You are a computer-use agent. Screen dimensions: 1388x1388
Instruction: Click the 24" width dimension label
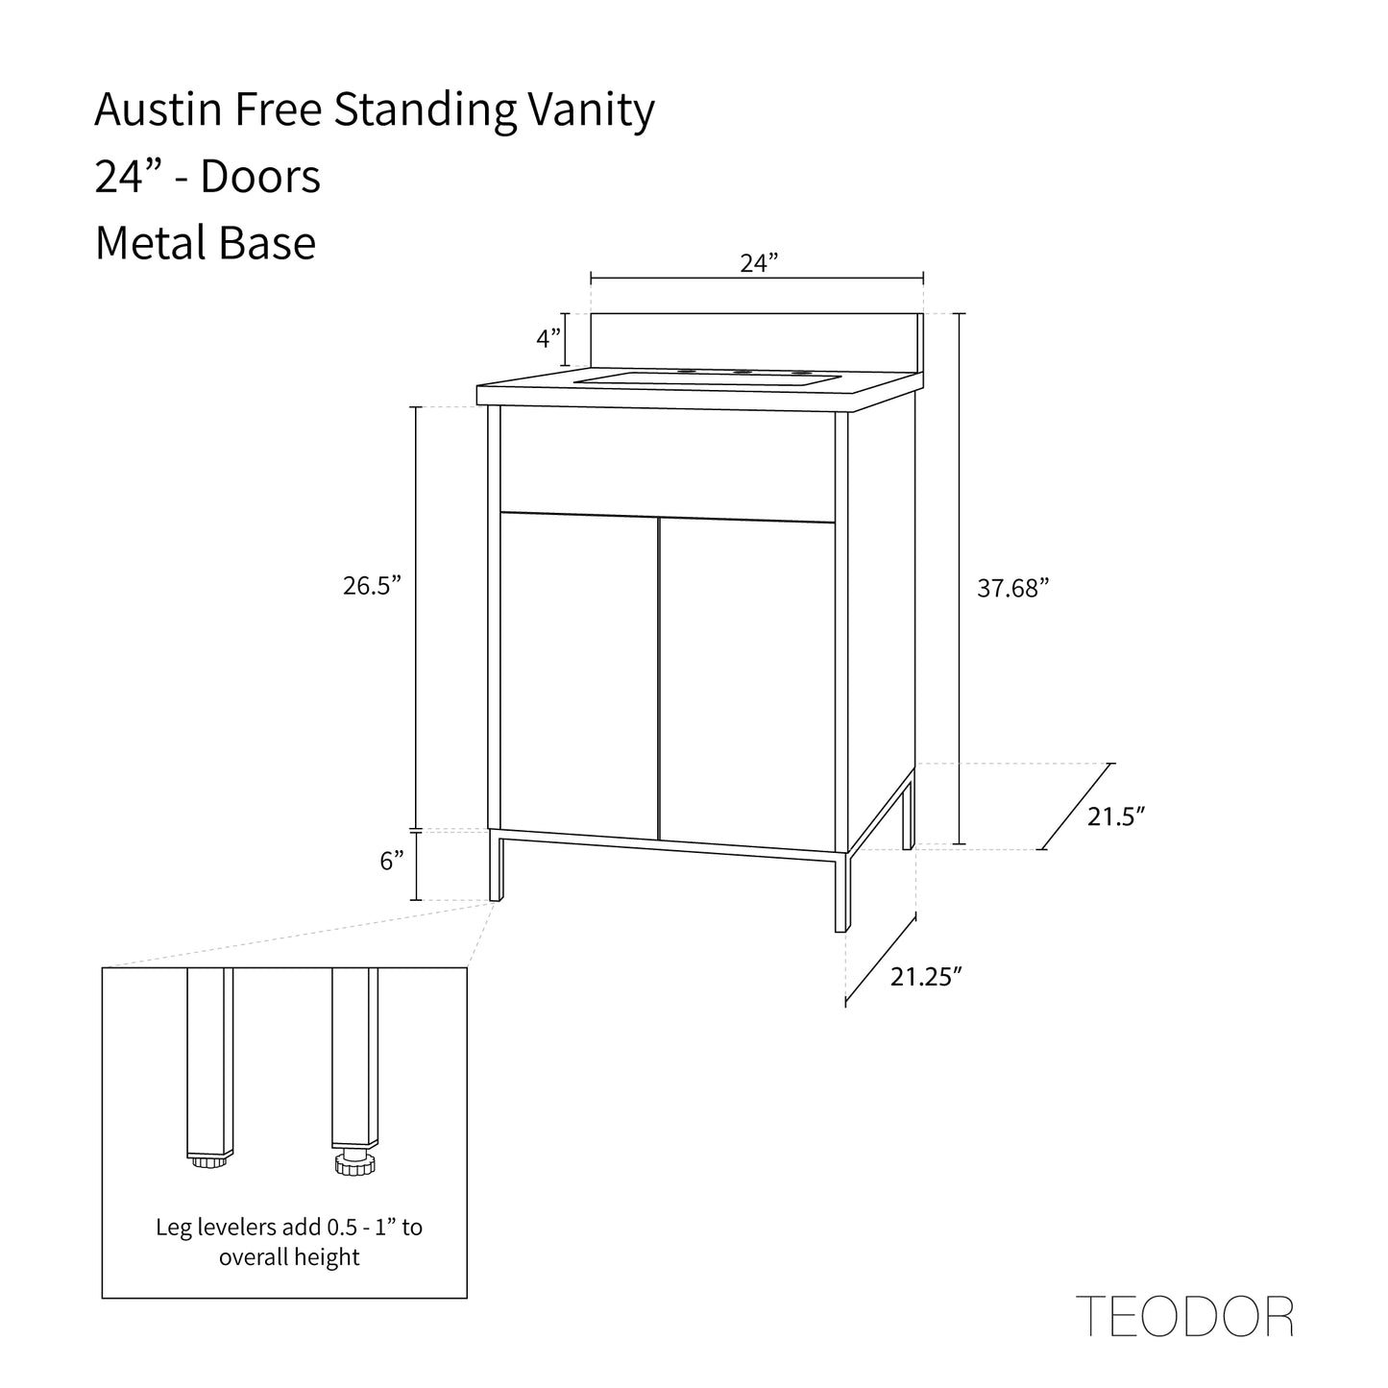point(758,263)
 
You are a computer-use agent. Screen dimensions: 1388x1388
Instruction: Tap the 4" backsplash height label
point(548,338)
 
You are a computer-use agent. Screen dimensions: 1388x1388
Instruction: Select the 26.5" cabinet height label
point(371,586)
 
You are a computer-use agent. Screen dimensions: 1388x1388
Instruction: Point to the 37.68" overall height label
point(1012,589)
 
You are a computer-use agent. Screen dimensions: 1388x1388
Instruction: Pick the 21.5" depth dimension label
point(1116,816)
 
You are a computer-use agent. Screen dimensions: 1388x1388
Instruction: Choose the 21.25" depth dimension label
point(926,977)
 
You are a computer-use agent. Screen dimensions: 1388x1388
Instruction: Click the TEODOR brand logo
point(1185,1316)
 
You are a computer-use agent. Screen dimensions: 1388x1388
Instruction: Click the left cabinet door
point(579,672)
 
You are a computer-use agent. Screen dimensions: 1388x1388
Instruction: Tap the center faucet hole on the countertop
point(742,372)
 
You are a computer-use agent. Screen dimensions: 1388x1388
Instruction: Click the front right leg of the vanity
point(841,891)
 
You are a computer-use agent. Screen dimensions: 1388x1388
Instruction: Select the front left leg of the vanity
point(496,865)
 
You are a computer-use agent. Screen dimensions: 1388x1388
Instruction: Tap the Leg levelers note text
point(288,1241)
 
